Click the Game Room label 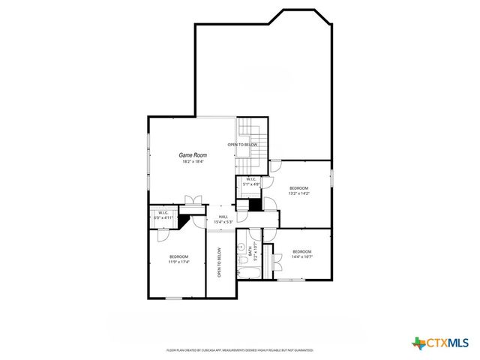[x=192, y=154]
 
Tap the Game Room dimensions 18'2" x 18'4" [x=192, y=161]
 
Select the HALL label [x=223, y=216]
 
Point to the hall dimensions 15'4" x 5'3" [x=223, y=222]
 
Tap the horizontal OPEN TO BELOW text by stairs [x=243, y=144]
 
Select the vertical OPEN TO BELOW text [x=220, y=262]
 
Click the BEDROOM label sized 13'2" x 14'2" [x=299, y=187]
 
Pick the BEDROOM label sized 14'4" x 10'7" [x=301, y=250]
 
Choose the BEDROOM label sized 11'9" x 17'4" [x=178, y=256]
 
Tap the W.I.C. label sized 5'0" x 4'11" [x=163, y=214]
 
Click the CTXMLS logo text [x=448, y=343]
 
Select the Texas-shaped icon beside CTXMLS [x=418, y=343]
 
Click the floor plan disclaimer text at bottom [x=239, y=350]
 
